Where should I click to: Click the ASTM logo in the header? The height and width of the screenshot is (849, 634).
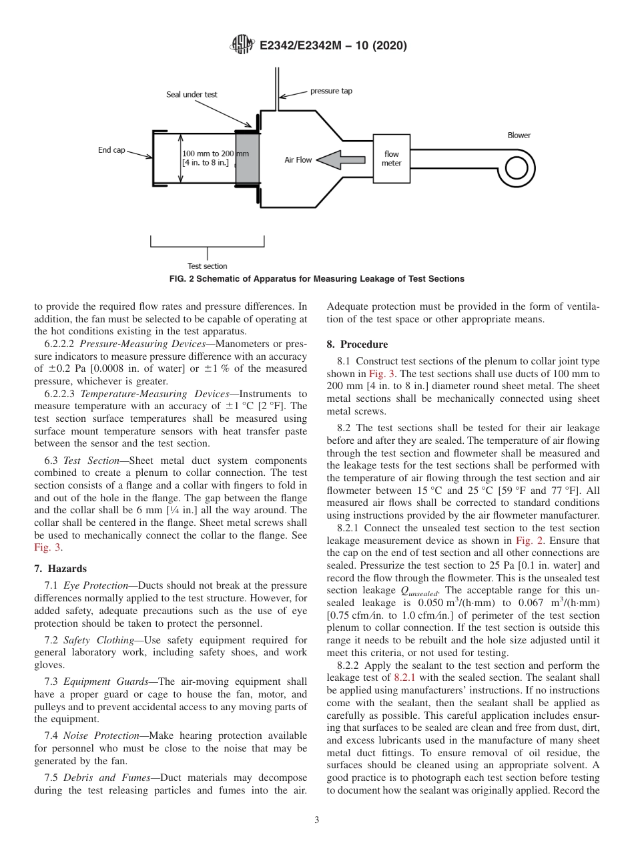(242, 45)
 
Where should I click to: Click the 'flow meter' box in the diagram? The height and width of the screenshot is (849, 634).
(391, 159)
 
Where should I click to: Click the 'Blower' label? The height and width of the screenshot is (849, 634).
(519, 135)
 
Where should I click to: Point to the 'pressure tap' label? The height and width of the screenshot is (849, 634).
(331, 91)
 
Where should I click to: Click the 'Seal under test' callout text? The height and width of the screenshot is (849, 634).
(192, 95)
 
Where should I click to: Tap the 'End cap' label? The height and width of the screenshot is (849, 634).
(111, 150)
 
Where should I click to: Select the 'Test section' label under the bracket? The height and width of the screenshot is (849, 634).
(207, 266)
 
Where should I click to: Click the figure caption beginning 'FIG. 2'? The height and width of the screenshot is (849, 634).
(316, 278)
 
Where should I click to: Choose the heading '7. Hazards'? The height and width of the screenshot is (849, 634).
(60, 569)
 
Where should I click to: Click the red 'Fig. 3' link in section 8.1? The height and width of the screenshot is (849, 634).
(380, 374)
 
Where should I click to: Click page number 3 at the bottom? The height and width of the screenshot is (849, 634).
(317, 820)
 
